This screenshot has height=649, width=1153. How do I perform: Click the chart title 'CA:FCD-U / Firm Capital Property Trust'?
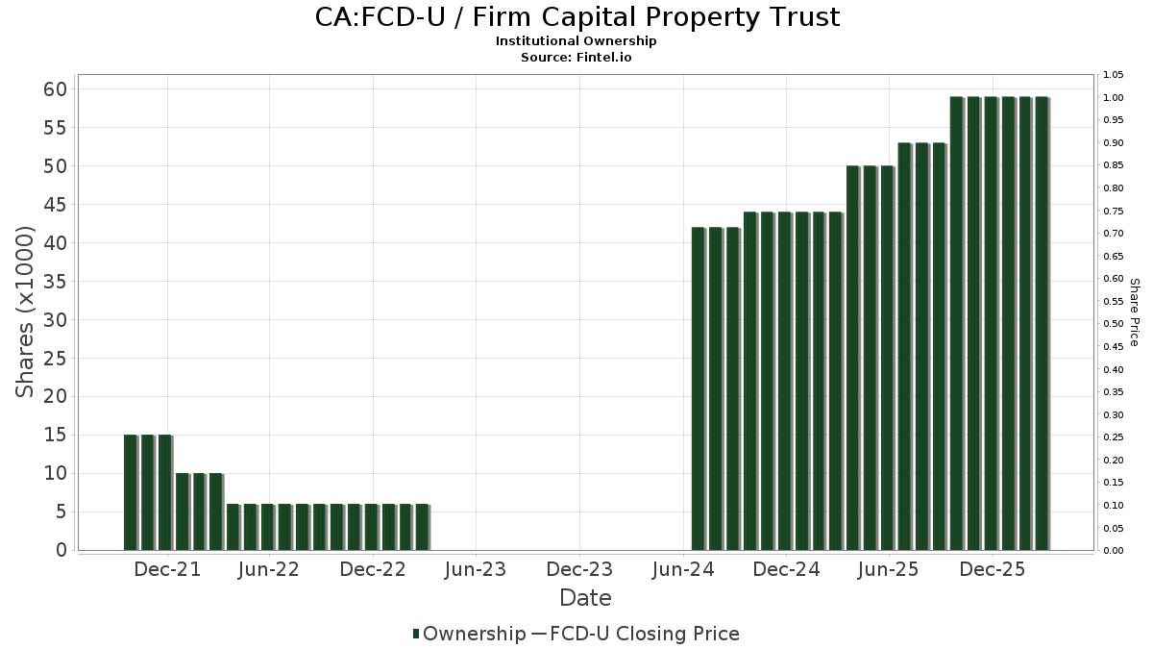(x=576, y=17)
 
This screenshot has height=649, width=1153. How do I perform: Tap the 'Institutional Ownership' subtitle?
(x=576, y=41)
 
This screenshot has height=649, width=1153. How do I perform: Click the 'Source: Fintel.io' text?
(x=576, y=58)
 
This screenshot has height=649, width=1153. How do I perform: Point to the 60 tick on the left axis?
(x=55, y=89)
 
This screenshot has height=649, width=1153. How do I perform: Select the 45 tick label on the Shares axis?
(x=55, y=205)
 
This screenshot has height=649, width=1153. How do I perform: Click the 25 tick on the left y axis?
(x=55, y=359)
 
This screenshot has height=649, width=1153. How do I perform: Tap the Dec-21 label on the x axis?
(x=167, y=569)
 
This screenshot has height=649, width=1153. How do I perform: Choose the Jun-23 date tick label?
(x=476, y=569)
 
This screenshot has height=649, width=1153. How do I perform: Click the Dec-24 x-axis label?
(x=786, y=569)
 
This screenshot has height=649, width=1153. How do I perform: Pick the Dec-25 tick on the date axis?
(x=993, y=569)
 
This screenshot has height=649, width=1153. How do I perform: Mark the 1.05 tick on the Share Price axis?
(x=1114, y=75)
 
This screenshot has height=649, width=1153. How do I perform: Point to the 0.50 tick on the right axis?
(x=1114, y=324)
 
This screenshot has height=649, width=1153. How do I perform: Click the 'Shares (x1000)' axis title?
(x=25, y=312)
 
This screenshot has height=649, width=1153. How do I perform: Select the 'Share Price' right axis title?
(x=1134, y=312)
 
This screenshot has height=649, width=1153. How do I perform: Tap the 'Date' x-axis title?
(x=585, y=598)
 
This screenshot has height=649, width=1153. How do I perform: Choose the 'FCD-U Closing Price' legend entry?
(x=635, y=634)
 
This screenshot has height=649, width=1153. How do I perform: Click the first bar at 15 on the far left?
(x=130, y=492)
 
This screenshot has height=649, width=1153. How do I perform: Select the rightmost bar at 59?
(x=1042, y=323)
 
